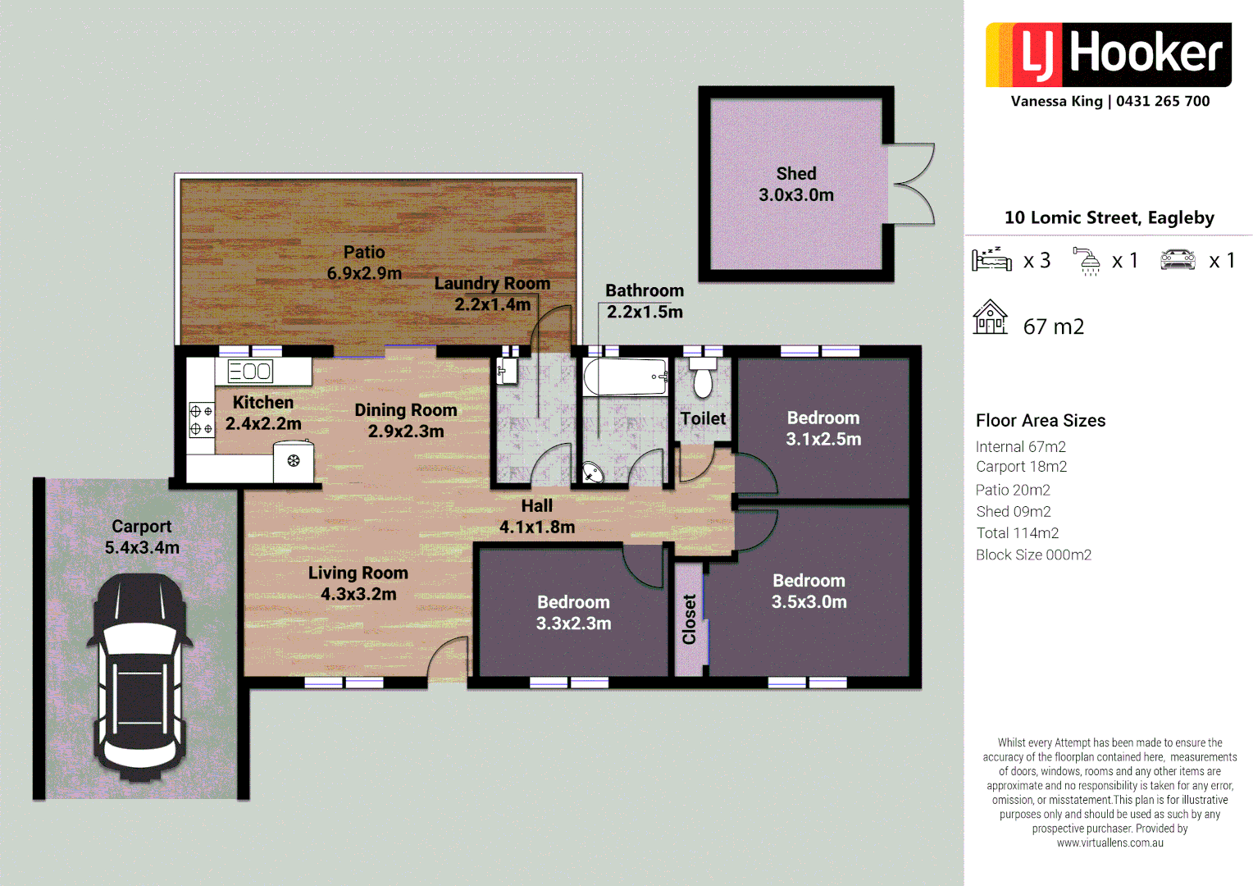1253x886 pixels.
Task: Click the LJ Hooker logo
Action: tap(1108, 54)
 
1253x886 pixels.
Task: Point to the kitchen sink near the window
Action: tap(250, 372)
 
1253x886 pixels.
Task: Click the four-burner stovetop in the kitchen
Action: tap(201, 419)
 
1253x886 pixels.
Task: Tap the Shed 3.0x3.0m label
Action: tap(796, 185)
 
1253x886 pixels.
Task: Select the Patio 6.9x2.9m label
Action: tap(364, 263)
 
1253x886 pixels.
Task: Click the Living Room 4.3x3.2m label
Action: tap(358, 583)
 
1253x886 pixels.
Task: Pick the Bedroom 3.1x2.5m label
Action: tap(823, 428)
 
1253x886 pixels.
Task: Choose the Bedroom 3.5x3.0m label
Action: tap(809, 591)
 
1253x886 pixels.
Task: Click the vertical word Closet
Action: tap(689, 619)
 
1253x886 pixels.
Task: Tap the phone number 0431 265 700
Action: tap(1163, 101)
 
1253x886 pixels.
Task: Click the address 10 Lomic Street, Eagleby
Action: tap(1109, 217)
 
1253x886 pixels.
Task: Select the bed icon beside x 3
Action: tap(991, 259)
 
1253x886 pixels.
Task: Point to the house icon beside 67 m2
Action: tap(990, 317)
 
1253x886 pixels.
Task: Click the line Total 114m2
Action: tap(1017, 533)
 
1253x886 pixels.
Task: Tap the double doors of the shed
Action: tap(912, 184)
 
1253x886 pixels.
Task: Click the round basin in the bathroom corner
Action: tap(592, 473)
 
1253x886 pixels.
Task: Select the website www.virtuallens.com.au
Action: tap(1109, 843)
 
